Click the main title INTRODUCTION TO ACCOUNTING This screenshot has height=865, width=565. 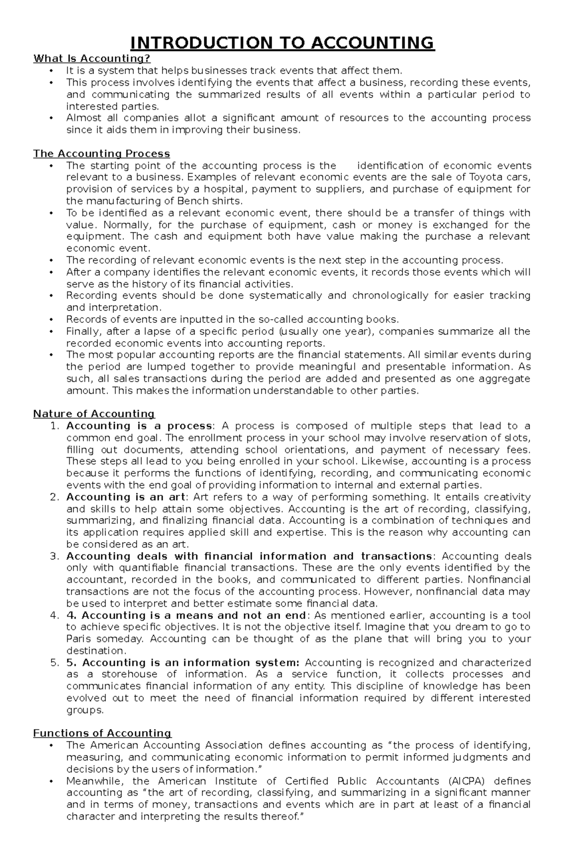[x=282, y=43]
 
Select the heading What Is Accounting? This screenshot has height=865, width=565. [x=92, y=58]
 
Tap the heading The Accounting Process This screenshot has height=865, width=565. [x=101, y=154]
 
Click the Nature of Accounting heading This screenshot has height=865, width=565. [x=94, y=414]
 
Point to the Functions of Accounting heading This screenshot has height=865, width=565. [x=102, y=733]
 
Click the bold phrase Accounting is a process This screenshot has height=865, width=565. [x=139, y=426]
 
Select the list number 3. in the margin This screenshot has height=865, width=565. [x=55, y=556]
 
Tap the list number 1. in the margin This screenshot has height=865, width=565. [x=55, y=426]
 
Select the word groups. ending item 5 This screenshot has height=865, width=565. [x=85, y=710]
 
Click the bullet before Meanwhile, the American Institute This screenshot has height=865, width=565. [x=51, y=781]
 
